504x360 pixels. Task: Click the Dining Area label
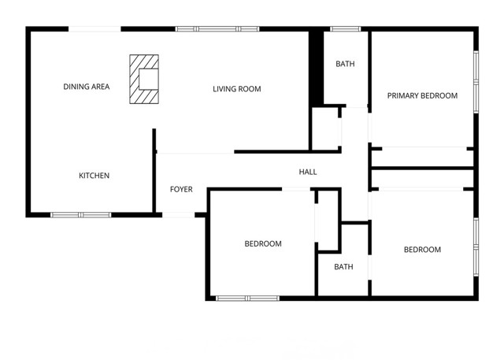pyautogui.click(x=86, y=87)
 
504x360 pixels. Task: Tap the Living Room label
pyautogui.click(x=236, y=89)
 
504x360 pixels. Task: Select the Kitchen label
pyautogui.click(x=94, y=176)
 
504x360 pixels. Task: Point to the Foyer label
pyautogui.click(x=182, y=190)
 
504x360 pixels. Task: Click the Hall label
pyautogui.click(x=307, y=172)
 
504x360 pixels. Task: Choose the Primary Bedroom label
pyautogui.click(x=422, y=96)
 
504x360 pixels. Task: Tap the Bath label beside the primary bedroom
pyautogui.click(x=345, y=64)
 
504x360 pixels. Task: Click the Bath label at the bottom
pyautogui.click(x=343, y=267)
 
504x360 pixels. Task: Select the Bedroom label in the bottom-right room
pyautogui.click(x=422, y=250)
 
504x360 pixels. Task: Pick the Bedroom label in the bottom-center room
pyautogui.click(x=263, y=244)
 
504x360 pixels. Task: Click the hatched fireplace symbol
pyautogui.click(x=144, y=80)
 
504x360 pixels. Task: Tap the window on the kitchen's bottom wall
pyautogui.click(x=81, y=214)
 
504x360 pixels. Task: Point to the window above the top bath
pyautogui.click(x=345, y=29)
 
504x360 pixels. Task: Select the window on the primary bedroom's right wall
pyautogui.click(x=476, y=79)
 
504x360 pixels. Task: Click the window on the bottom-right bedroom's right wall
pyautogui.click(x=476, y=246)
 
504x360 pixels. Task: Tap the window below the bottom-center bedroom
pyautogui.click(x=247, y=298)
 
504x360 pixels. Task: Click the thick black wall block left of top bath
pyautogui.click(x=316, y=68)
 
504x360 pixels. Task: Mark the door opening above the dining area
pyautogui.click(x=94, y=29)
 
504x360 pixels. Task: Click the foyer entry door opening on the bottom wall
pyautogui.click(x=180, y=214)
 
